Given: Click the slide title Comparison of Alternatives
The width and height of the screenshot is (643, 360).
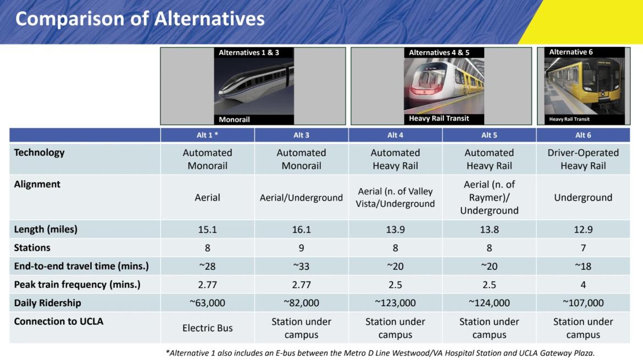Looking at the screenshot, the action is [140, 19].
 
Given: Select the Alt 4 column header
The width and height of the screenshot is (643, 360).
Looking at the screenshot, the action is [395, 135].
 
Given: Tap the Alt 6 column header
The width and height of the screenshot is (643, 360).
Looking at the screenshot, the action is [583, 135].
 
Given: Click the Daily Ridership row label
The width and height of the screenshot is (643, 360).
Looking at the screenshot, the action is [48, 303].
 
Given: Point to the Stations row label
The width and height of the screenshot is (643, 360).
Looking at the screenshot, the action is [32, 248].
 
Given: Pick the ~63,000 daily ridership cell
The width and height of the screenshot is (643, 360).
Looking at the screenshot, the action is [207, 303].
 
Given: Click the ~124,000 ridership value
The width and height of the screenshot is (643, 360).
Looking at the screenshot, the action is [489, 303].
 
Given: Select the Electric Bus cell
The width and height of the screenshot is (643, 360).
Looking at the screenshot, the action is [208, 328].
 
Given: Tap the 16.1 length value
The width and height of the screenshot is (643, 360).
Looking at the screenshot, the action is [301, 230].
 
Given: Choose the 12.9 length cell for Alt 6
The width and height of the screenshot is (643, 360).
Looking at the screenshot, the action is [583, 230].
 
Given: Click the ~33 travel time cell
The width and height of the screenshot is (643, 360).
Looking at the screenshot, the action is [301, 267].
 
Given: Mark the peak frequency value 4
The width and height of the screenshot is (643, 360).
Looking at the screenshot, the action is [583, 285].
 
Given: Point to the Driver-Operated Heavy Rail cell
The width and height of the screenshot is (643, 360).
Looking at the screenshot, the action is [583, 159].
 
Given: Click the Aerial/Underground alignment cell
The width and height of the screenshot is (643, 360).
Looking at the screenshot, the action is [301, 198].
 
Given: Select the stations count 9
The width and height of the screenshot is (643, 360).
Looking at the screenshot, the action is [301, 248].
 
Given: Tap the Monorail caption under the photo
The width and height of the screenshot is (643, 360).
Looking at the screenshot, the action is [234, 119].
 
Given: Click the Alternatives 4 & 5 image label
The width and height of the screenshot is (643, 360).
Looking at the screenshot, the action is [439, 52].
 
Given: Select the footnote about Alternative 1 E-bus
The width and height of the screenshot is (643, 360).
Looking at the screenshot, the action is [380, 353].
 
